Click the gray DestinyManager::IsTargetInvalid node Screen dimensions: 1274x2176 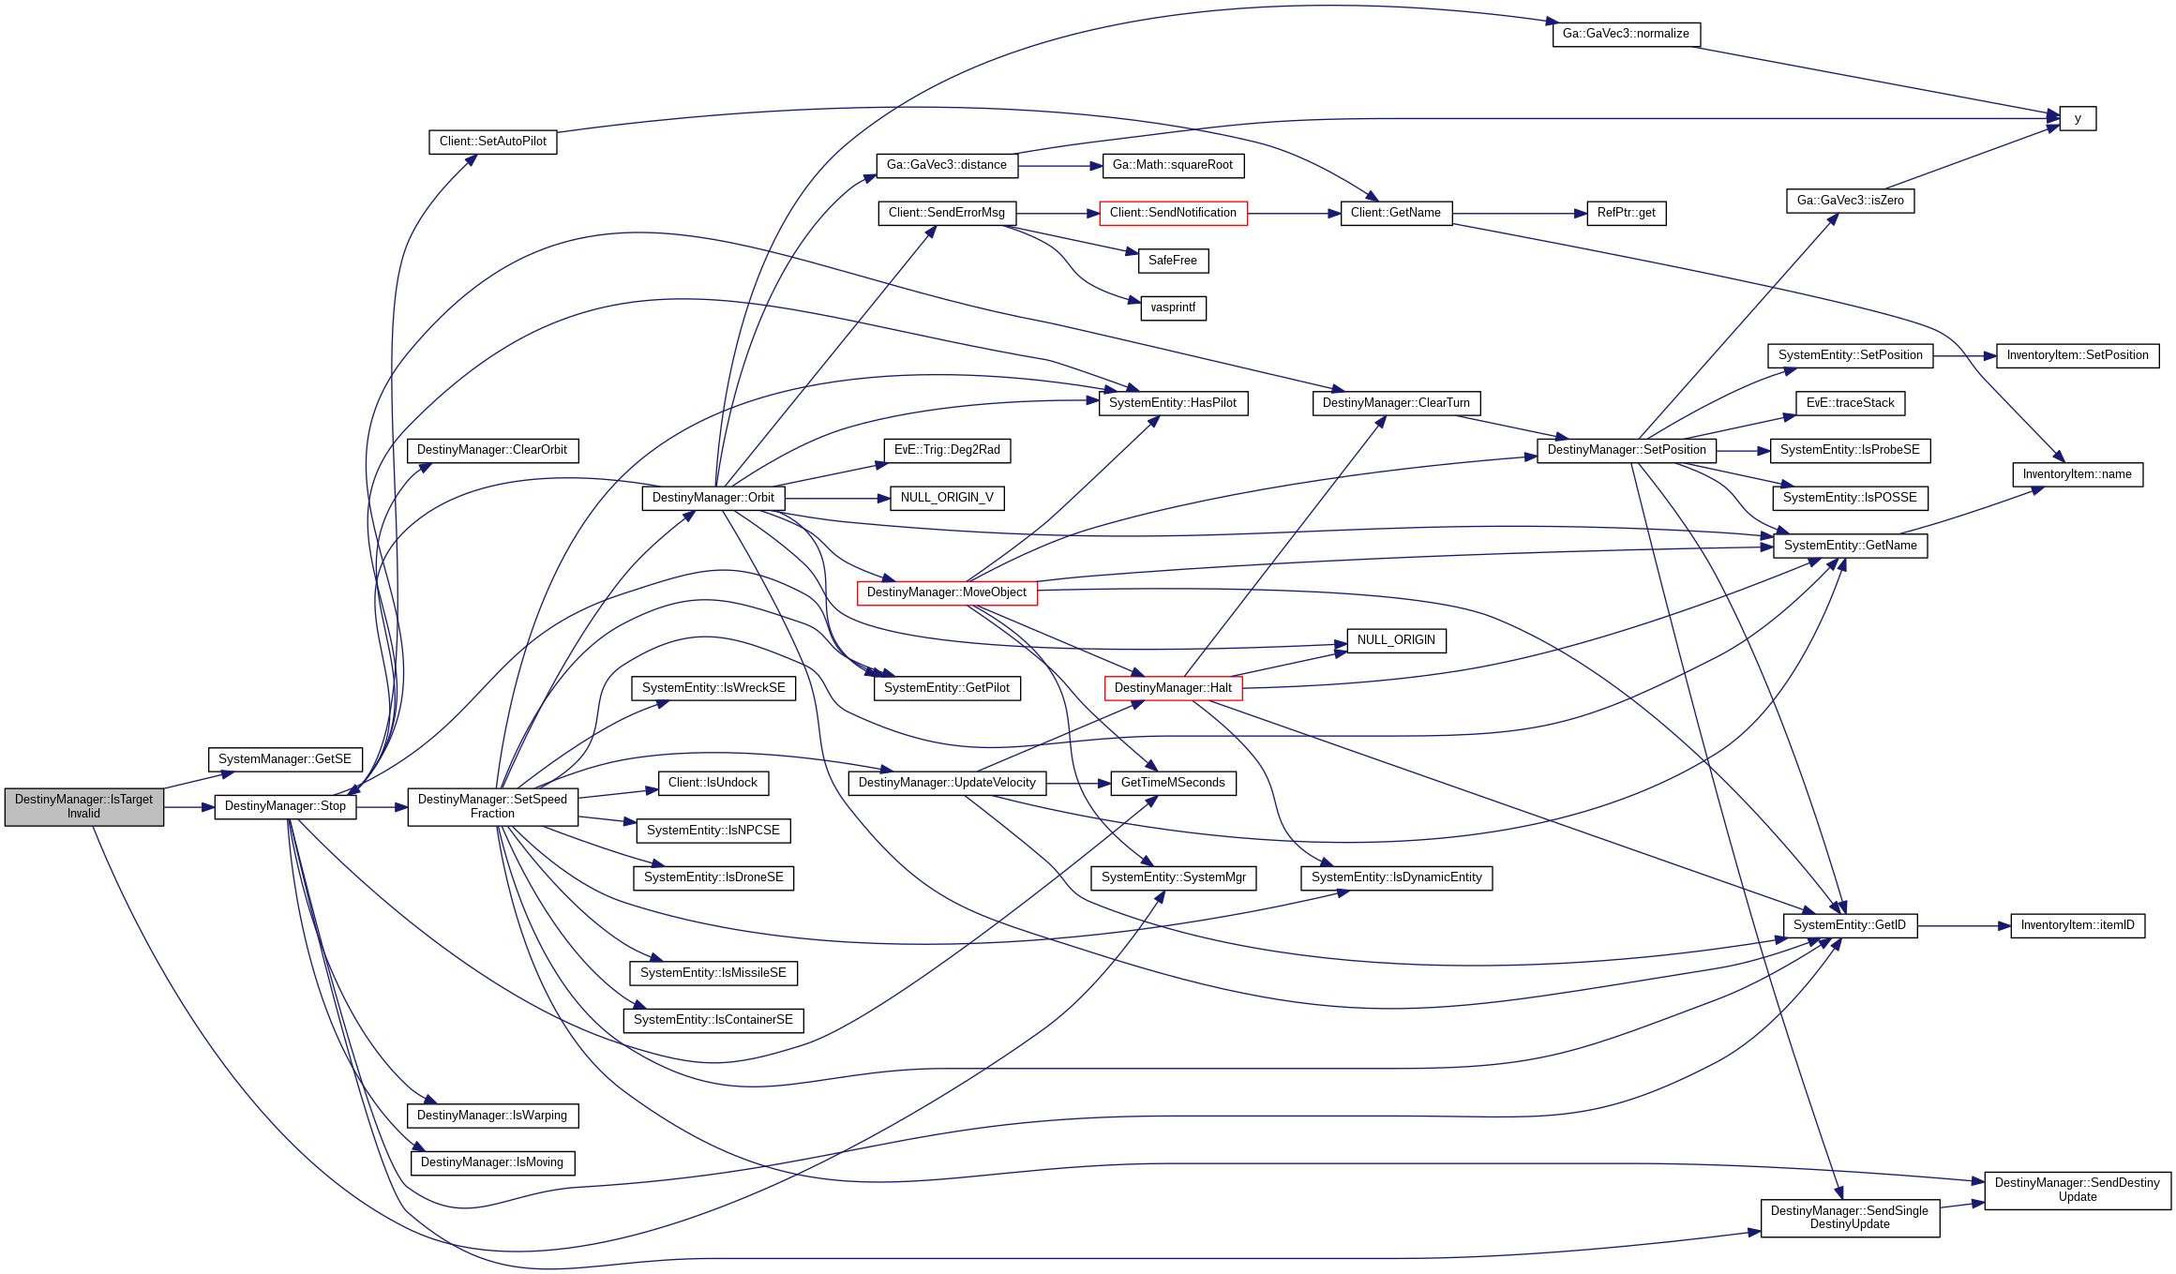(x=83, y=806)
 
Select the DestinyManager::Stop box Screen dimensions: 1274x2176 (x=285, y=806)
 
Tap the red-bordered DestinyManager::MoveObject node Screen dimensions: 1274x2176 (x=946, y=592)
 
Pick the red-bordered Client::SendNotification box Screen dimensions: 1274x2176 (x=1173, y=213)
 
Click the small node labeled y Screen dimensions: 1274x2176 (x=2078, y=119)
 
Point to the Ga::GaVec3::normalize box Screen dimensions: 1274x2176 (x=1626, y=34)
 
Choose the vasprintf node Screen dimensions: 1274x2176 (x=1173, y=307)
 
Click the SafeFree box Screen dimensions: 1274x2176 (x=1172, y=261)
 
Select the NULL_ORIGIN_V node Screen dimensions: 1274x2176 (x=947, y=498)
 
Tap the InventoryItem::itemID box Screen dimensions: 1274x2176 (x=2078, y=925)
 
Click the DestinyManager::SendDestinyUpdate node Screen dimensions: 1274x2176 (x=2077, y=1190)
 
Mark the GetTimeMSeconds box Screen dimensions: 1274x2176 (x=1173, y=783)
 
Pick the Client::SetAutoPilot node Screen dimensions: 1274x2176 (x=492, y=142)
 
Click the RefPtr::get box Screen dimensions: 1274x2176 (x=1626, y=213)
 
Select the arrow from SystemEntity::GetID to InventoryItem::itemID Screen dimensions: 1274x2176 (x=1964, y=926)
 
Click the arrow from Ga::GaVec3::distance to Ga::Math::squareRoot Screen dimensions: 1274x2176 (x=1059, y=166)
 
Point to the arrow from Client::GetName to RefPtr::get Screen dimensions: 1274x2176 (x=1519, y=214)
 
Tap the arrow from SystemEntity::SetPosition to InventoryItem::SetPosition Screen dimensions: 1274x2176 (x=1964, y=356)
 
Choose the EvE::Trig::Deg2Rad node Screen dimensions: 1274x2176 (x=947, y=450)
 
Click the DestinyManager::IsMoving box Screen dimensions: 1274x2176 (x=492, y=1162)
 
